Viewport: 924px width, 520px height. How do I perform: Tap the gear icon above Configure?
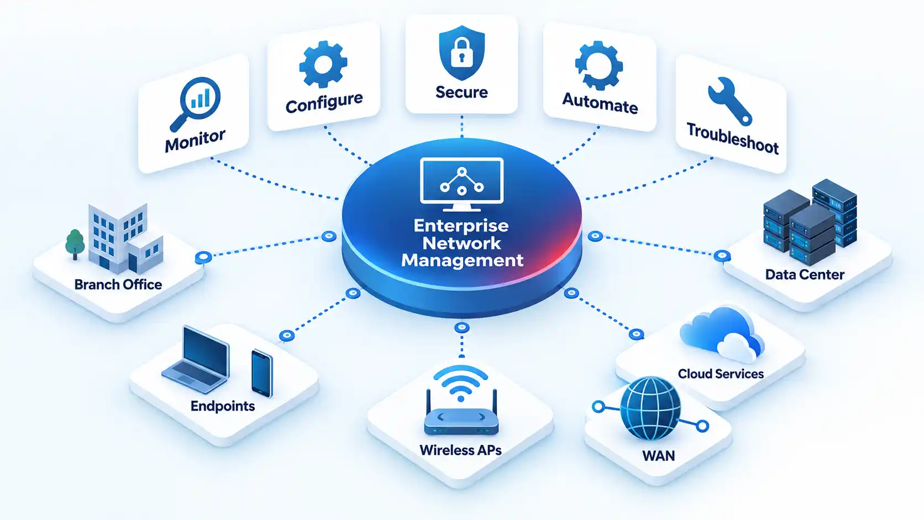click(x=323, y=64)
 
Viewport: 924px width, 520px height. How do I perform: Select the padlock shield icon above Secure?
click(x=461, y=52)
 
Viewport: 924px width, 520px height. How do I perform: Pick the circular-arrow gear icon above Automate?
click(x=599, y=66)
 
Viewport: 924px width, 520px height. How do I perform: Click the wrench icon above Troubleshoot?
click(x=729, y=101)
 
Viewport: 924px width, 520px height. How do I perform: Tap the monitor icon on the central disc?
click(x=461, y=184)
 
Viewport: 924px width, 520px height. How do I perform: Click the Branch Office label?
click(x=118, y=285)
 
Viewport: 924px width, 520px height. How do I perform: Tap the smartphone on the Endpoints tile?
click(x=262, y=374)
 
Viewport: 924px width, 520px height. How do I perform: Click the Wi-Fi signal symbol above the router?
click(x=461, y=383)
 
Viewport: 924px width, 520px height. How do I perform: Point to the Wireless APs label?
click(x=460, y=450)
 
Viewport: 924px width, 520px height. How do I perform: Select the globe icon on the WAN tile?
click(x=650, y=408)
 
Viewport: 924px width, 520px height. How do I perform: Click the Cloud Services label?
click(x=721, y=374)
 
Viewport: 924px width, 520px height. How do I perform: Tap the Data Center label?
click(x=805, y=275)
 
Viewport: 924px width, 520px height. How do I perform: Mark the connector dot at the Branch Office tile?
click(x=203, y=258)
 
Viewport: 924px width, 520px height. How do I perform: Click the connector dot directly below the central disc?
click(x=462, y=328)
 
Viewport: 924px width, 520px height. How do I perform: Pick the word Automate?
click(x=600, y=103)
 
